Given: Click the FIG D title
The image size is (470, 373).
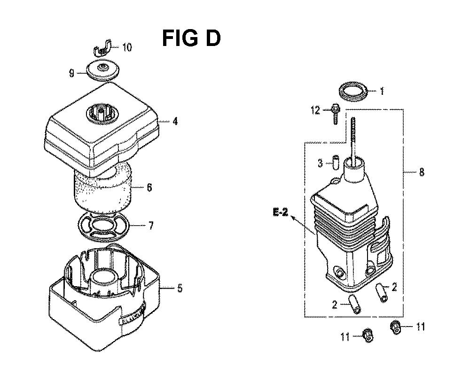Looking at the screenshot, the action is pos(191,38).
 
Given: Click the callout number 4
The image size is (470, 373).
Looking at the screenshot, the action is pos(174,122).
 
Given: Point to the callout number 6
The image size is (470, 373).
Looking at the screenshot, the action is pos(149,188).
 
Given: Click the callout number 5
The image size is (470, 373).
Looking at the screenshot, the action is pos(179,289).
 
